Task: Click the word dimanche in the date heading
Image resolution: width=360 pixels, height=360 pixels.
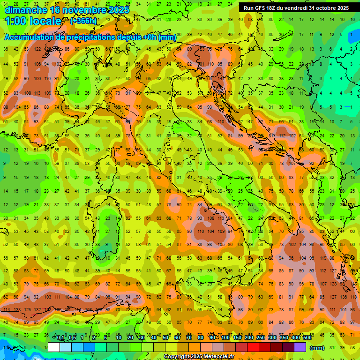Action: (26, 9)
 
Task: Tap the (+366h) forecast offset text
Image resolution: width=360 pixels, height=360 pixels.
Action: (83, 21)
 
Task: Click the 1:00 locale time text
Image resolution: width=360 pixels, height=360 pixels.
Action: (33, 21)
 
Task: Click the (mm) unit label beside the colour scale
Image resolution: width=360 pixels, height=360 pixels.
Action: (317, 348)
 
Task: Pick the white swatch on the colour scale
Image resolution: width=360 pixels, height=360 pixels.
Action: (54, 347)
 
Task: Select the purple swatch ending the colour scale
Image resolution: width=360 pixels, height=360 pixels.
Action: (300, 347)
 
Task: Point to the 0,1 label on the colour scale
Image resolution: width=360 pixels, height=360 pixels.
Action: (60, 338)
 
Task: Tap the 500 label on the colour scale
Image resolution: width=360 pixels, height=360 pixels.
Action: (307, 338)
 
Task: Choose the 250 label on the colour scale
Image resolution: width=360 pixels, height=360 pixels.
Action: (261, 338)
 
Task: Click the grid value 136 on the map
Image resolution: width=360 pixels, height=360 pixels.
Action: (344, 297)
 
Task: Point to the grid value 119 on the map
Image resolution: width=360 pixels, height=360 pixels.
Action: (323, 258)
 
